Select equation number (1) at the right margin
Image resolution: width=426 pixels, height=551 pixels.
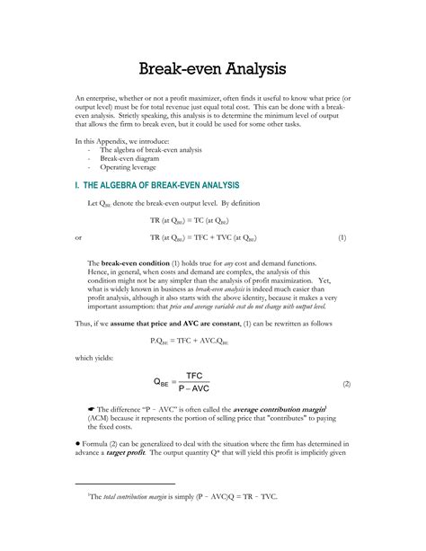click(342, 237)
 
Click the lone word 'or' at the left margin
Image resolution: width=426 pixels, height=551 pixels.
click(79, 237)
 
